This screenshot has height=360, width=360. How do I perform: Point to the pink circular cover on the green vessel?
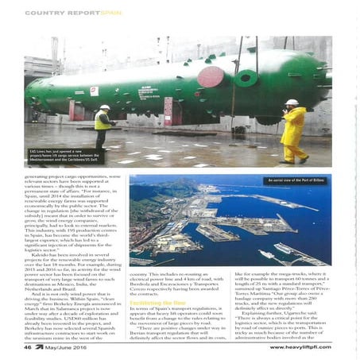click(211, 77)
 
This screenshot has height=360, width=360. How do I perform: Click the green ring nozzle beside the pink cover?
click(246, 79)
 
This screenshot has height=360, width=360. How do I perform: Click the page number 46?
click(28, 346)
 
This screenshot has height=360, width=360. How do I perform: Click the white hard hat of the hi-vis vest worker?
click(104, 107)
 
